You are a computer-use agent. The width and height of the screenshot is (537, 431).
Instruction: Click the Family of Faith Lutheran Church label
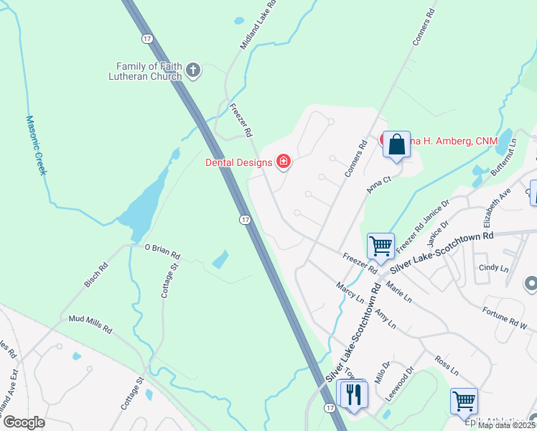tap(146, 70)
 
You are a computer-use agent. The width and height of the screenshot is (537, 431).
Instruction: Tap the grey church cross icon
tap(192, 70)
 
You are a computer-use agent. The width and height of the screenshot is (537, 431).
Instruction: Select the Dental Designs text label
tap(239, 162)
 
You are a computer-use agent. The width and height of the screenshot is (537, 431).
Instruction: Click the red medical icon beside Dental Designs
tap(284, 162)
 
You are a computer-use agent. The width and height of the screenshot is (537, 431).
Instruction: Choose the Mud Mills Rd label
tap(90, 324)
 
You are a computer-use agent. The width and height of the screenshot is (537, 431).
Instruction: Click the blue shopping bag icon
tap(397, 145)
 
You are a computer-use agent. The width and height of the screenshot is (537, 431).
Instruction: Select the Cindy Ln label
tap(493, 267)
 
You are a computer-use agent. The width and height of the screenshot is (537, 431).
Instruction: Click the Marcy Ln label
tap(350, 292)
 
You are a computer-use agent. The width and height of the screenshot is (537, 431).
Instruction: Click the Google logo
tap(24, 422)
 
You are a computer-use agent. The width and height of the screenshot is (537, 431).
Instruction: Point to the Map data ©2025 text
tap(507, 425)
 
